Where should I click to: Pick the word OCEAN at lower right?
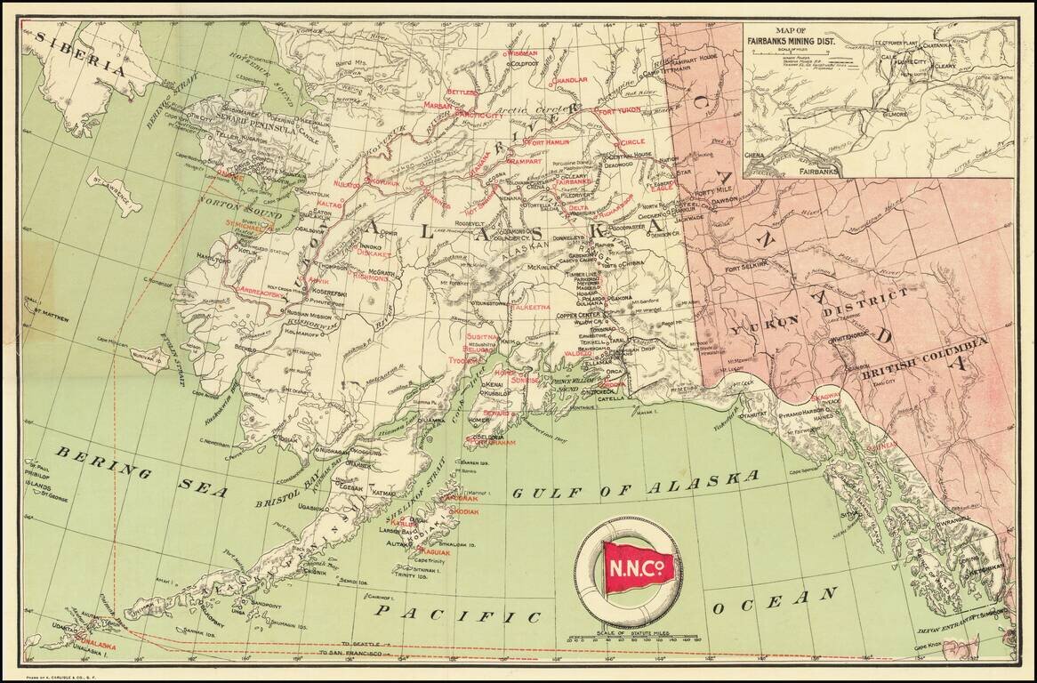(x=774, y=600)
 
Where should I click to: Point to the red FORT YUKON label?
(x=617, y=112)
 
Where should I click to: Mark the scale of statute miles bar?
(x=627, y=637)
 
